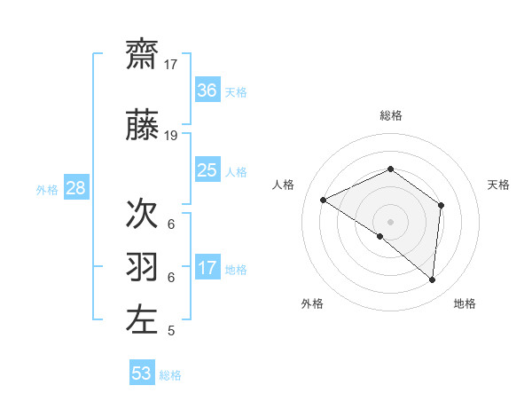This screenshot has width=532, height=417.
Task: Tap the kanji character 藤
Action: click(x=142, y=128)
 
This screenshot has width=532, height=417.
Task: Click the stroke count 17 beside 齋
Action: click(x=171, y=65)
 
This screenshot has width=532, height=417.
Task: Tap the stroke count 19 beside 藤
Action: click(x=171, y=136)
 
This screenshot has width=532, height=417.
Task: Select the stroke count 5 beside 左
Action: click(x=170, y=331)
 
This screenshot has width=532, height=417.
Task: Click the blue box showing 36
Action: click(x=207, y=90)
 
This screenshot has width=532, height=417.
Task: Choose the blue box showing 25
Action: click(x=207, y=170)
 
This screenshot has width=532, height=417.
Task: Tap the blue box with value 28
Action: click(x=74, y=188)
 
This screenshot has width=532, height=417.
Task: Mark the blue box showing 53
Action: click(x=142, y=374)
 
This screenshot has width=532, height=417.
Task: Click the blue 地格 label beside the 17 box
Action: click(x=236, y=270)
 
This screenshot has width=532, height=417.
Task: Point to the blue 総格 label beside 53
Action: click(x=170, y=375)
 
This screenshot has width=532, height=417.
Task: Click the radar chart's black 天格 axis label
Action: click(x=498, y=185)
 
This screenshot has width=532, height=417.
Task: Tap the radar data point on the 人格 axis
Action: click(x=324, y=200)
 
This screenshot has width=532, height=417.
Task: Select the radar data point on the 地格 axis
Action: click(x=432, y=279)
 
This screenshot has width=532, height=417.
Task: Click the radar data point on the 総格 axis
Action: click(x=390, y=169)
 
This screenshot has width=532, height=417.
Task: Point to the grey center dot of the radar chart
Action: click(x=390, y=221)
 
